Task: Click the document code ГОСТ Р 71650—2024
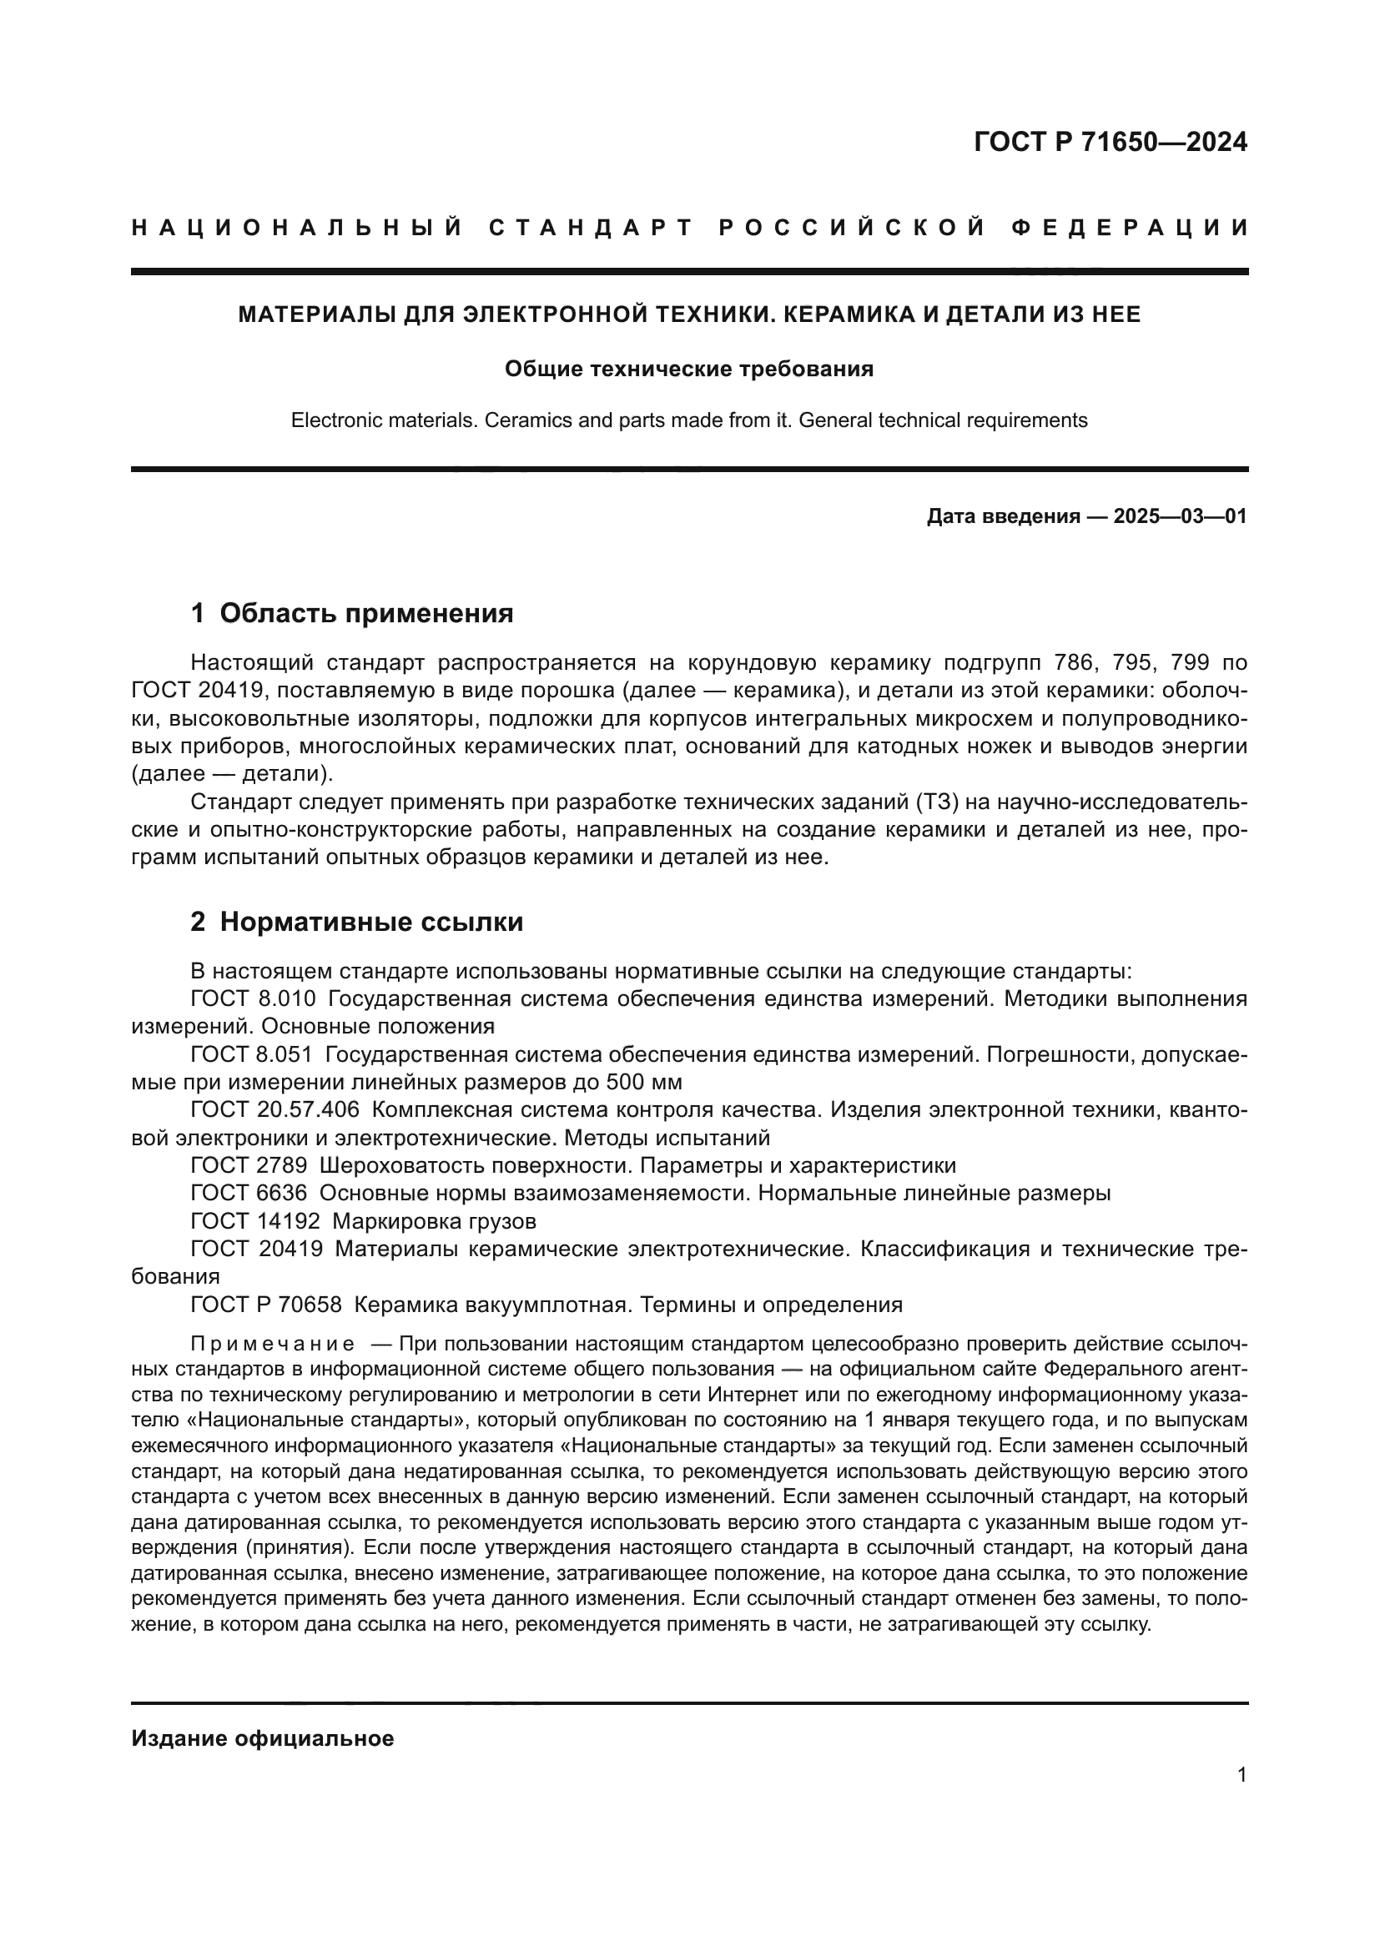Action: pyautogui.click(x=1110, y=142)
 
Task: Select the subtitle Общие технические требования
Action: pyautogui.click(x=689, y=369)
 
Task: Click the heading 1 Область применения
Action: pyautogui.click(x=352, y=613)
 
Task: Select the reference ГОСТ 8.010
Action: pyautogui.click(x=254, y=998)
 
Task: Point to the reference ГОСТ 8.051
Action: pyautogui.click(x=254, y=1054)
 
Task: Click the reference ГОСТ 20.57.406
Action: pyautogui.click(x=275, y=1109)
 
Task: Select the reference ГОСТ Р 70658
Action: pyautogui.click(x=266, y=1305)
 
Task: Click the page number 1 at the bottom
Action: pyautogui.click(x=1241, y=1775)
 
